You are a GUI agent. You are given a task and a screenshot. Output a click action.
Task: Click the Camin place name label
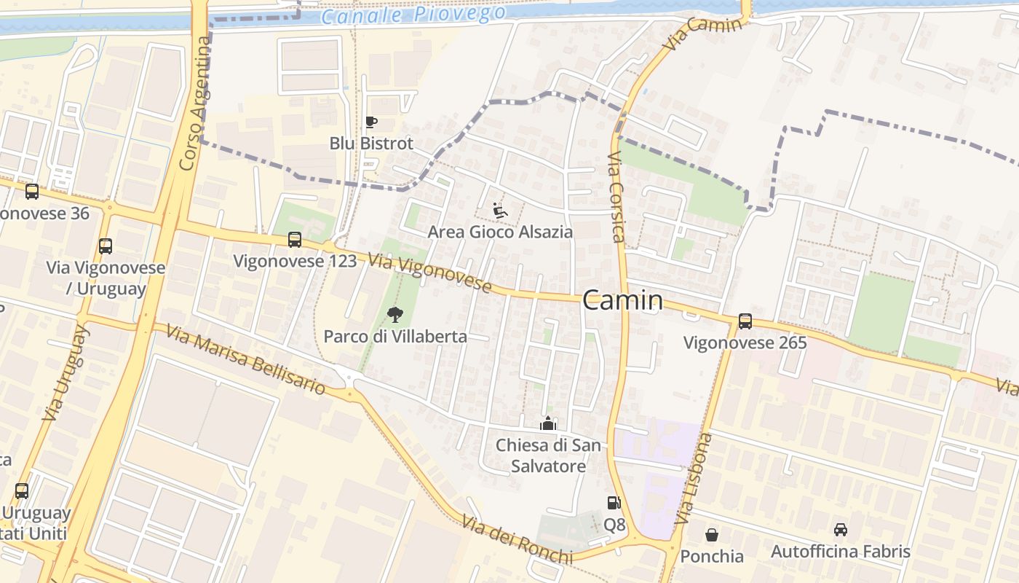pos(623,300)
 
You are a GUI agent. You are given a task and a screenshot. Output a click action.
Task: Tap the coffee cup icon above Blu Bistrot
pos(371,122)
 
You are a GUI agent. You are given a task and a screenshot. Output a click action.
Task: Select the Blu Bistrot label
pos(371,143)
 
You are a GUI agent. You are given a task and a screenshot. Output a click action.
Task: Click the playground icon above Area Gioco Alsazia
pos(499,211)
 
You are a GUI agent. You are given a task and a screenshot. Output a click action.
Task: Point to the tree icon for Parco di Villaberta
pos(395,315)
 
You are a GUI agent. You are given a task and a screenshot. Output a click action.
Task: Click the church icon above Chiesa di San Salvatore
pos(547,423)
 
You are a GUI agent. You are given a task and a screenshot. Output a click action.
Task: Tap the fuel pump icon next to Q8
pos(614,503)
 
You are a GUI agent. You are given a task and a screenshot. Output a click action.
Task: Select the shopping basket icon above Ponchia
pos(712,535)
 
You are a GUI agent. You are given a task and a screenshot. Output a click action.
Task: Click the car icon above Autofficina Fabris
pos(841,530)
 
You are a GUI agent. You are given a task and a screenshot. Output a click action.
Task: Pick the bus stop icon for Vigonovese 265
pos(745,321)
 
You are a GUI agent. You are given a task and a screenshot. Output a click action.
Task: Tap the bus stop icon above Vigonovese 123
pos(295,240)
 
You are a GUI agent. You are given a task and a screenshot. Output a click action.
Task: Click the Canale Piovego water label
pos(413,15)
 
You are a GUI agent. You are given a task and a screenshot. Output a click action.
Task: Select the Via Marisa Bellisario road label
pos(245,359)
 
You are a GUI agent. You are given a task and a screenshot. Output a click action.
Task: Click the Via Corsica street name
pos(616,197)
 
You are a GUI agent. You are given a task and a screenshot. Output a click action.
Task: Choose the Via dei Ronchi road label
pos(517,539)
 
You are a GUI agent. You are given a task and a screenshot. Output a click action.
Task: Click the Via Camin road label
pos(703,33)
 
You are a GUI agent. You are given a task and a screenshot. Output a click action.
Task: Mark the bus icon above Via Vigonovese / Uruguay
pos(106,246)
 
